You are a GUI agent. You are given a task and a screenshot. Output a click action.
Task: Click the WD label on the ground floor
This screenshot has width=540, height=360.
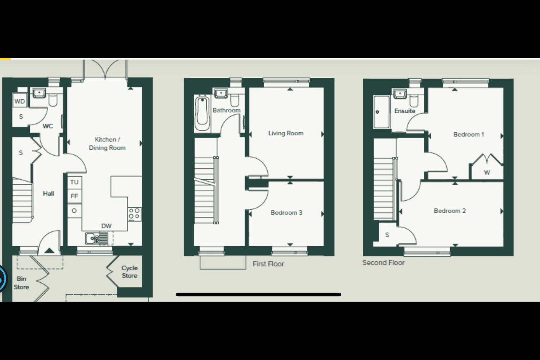tap(19, 101)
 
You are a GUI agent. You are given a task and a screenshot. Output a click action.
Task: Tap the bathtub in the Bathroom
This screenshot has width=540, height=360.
tap(202, 113)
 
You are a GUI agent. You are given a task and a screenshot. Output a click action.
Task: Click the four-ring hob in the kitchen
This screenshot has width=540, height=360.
tap(134, 214)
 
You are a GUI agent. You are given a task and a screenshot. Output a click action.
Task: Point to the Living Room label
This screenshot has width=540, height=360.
tap(286, 133)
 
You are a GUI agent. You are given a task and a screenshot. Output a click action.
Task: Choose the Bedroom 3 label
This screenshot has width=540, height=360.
tap(286, 213)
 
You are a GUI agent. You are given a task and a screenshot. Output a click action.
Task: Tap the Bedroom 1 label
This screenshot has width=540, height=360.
tap(468, 134)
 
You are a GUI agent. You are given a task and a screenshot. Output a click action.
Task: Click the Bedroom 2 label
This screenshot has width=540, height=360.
tap(450, 211)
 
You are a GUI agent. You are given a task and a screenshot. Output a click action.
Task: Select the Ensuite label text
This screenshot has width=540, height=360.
tap(405, 111)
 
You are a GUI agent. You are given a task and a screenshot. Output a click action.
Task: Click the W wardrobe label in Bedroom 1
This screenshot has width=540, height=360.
tap(487, 172)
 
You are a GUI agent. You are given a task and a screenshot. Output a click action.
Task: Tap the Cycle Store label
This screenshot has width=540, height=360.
tap(129, 272)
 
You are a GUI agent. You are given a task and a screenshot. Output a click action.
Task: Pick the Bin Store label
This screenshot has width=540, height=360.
tap(21, 283)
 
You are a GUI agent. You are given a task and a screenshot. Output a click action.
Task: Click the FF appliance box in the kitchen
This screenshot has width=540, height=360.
tap(74, 196)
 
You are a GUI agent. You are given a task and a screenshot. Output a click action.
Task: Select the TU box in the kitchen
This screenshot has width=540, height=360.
tap(74, 182)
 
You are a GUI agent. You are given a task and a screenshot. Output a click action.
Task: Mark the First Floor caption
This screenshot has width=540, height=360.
tap(268, 264)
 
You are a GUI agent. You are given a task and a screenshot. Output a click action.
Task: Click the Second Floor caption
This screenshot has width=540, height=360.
tap(383, 263)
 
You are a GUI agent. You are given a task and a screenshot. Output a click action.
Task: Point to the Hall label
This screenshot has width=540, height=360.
tap(48, 193)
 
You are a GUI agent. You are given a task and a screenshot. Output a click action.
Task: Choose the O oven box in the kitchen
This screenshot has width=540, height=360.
tap(74, 211)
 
